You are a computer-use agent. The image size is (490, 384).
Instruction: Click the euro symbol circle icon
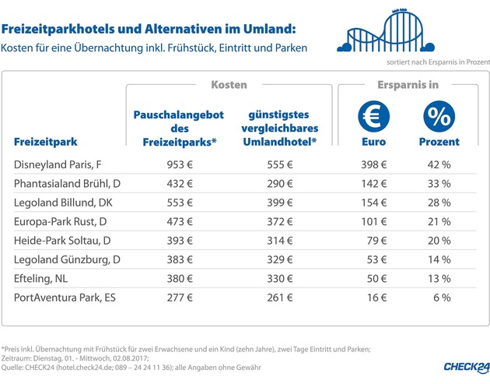pos(374,117)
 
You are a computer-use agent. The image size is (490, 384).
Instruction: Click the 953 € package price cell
pos(180,164)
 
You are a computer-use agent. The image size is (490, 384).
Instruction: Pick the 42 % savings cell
pos(441,164)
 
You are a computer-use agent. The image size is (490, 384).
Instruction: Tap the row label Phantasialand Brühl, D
pos(67,184)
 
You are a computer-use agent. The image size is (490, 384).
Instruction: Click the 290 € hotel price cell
pos(278,184)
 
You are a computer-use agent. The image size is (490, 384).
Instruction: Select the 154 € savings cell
pos(373,203)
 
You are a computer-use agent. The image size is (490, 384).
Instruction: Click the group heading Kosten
pos(229,84)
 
